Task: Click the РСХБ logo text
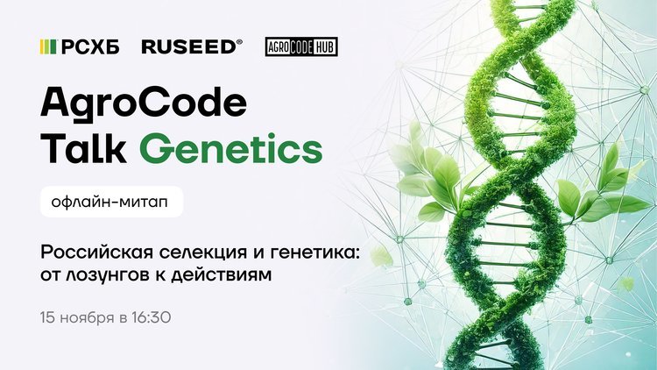click(90, 47)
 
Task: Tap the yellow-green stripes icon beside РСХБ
click(48, 47)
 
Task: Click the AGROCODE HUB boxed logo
click(301, 46)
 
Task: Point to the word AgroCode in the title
click(144, 103)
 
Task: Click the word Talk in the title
click(83, 147)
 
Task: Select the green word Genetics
click(231, 147)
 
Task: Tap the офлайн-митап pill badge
click(112, 202)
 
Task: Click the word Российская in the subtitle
click(97, 253)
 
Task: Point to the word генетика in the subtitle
click(316, 253)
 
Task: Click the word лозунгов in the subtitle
click(109, 275)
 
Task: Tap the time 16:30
click(152, 317)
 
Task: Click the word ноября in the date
click(88, 318)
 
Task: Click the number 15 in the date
click(48, 317)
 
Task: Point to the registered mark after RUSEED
click(240, 42)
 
